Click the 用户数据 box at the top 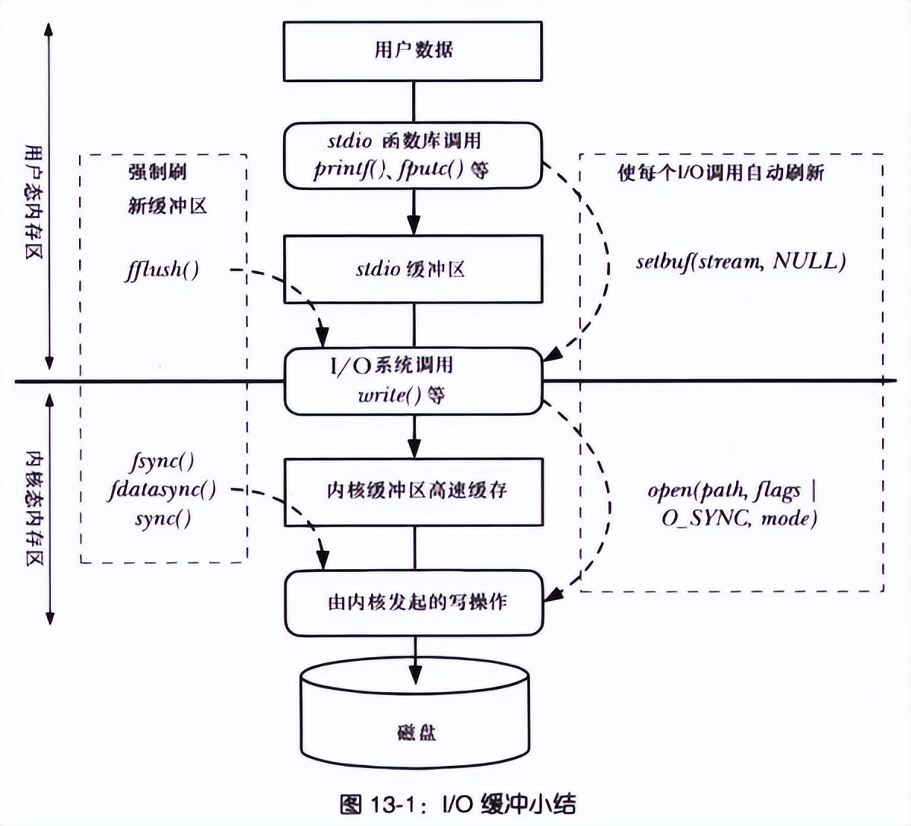click(414, 50)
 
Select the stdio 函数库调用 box click(414, 156)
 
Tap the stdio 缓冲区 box click(414, 269)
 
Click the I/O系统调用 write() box click(414, 380)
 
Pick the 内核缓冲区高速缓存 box click(414, 491)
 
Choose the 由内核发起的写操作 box click(414, 602)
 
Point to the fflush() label click(162, 269)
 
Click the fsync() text click(163, 462)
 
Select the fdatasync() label click(162, 490)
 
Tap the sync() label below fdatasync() click(163, 519)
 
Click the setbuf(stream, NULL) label click(740, 262)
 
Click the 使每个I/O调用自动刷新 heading click(720, 173)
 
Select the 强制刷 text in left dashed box click(157, 173)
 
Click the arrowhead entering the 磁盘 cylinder click(414, 673)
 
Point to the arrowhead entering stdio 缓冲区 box click(414, 226)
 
